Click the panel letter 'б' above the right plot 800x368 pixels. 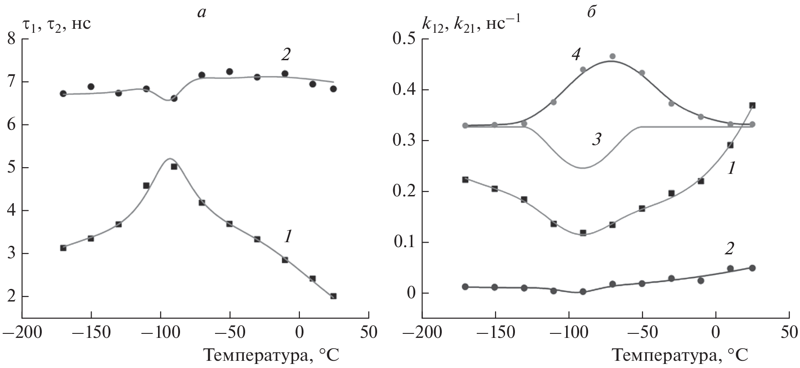point(591,12)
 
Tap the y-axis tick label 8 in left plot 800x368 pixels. point(12,40)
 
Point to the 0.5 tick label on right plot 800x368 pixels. point(405,40)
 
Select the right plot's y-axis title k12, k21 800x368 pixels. point(471,24)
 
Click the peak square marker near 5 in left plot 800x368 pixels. point(174,166)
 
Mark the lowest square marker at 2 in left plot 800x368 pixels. point(333,296)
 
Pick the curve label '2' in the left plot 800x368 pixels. point(286,55)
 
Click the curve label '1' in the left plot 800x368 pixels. point(289,237)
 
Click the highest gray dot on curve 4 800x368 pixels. point(612,56)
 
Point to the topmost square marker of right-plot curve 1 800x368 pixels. point(752,106)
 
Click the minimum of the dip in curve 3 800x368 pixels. point(582,168)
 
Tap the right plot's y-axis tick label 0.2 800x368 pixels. point(405,192)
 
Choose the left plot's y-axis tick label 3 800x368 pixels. point(12,254)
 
